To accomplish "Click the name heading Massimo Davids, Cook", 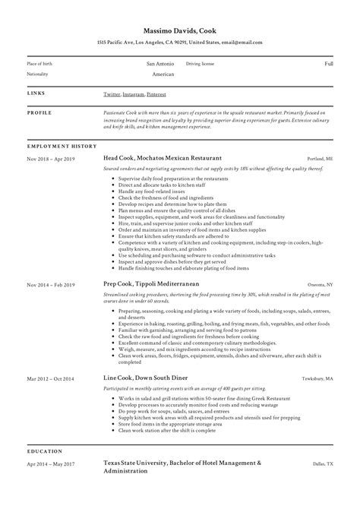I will point(180,27).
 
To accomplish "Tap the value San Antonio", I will point(160,64).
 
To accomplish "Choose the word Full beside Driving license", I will point(329,64).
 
